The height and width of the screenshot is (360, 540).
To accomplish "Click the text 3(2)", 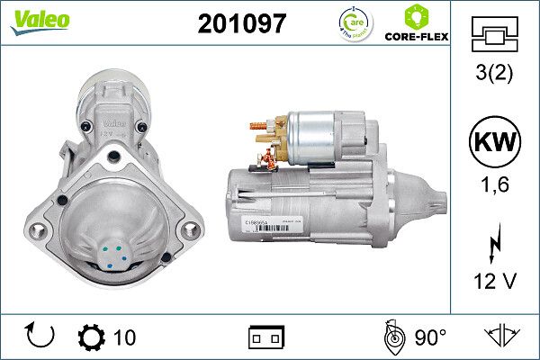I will click(x=495, y=75).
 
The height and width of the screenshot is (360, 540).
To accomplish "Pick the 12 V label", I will click(x=495, y=282).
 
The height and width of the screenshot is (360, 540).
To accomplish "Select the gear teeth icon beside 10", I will click(x=92, y=337).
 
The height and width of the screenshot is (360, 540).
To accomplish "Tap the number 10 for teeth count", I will click(x=125, y=337).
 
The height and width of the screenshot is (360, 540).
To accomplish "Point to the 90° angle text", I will click(x=430, y=337).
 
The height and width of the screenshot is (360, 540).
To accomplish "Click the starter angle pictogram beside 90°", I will click(x=391, y=337).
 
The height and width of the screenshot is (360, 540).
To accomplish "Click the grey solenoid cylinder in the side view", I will click(x=319, y=137).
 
